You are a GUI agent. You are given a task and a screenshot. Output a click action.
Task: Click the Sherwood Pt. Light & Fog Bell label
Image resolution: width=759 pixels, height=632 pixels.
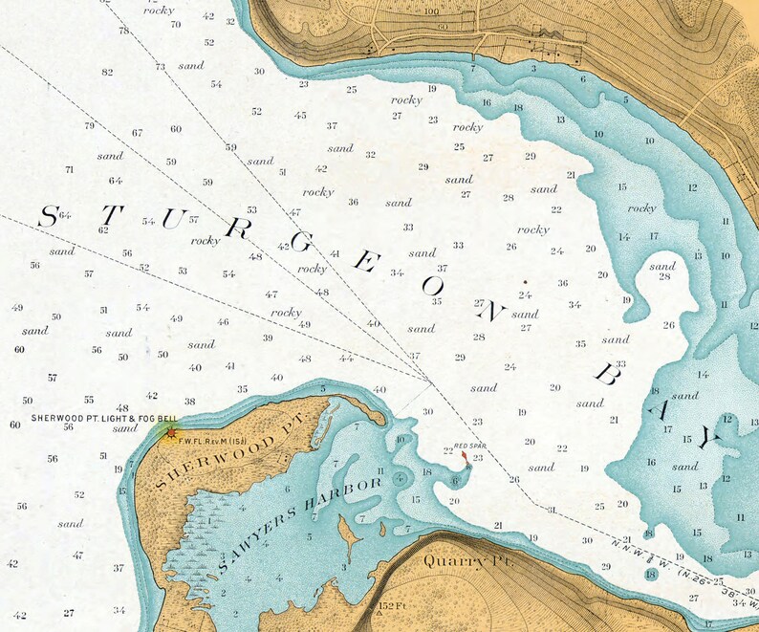(103, 418)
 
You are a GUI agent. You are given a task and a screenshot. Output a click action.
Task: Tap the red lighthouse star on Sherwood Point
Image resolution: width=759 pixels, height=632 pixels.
(171, 433)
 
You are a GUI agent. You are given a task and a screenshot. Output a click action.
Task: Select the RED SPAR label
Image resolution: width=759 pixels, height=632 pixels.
(470, 446)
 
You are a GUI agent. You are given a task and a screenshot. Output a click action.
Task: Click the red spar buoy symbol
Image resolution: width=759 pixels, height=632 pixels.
(464, 460)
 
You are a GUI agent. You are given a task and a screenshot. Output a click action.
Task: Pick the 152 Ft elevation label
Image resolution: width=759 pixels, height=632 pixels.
(393, 606)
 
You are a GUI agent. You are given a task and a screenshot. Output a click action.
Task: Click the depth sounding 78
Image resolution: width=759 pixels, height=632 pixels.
(123, 31)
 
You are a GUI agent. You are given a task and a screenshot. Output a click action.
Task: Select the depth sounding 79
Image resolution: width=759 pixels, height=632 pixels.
(90, 125)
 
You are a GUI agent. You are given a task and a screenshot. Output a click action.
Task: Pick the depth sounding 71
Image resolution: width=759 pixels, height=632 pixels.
(69, 169)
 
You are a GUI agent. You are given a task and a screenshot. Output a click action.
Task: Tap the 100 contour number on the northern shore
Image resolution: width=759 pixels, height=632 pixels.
(431, 12)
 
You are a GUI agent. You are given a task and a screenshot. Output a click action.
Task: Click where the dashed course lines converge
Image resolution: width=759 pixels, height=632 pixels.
(430, 381)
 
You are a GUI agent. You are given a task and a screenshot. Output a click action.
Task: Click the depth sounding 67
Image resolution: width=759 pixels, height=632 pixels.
(138, 133)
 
